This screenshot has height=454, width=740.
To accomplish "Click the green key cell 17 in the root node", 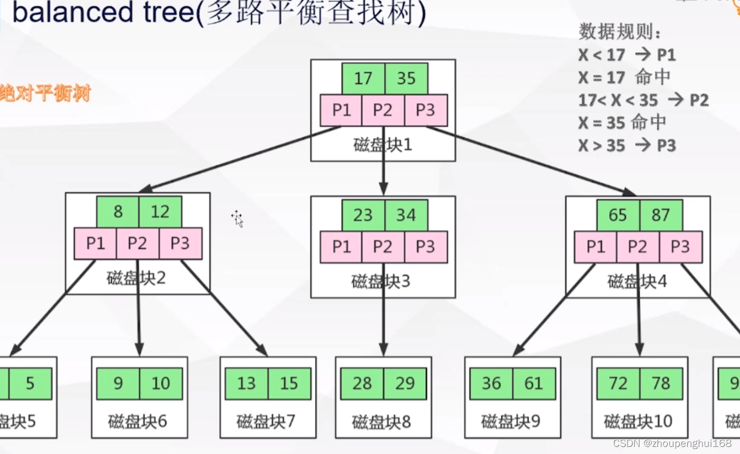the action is (x=363, y=79).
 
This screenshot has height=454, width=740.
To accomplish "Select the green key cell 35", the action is (x=406, y=79).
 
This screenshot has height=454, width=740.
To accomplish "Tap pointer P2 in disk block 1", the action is (x=383, y=110).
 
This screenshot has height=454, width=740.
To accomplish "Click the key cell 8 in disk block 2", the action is (x=118, y=212).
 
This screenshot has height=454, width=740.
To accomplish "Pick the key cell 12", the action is (x=160, y=212).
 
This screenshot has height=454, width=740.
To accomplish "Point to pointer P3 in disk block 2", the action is (x=180, y=243).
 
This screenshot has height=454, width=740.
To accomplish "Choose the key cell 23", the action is (x=363, y=215).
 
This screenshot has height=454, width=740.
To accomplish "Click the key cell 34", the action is (x=406, y=215).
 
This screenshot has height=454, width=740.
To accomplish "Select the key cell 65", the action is (x=618, y=215).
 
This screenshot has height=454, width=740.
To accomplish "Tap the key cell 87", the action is (x=660, y=215).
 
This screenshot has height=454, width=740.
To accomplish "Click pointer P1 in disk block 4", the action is (x=596, y=247).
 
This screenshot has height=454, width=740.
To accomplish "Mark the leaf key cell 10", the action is (x=161, y=383).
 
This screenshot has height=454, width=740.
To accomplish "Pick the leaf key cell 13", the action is (x=246, y=383).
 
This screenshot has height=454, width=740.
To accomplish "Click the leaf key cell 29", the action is (x=405, y=383).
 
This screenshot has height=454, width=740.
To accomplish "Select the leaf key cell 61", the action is (x=534, y=383).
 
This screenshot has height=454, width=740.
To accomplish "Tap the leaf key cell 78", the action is (x=661, y=383).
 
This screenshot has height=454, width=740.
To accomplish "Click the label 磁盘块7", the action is (x=267, y=421).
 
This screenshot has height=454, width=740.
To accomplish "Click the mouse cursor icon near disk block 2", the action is (x=237, y=218).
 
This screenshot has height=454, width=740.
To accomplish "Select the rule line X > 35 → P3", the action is (x=627, y=145).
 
